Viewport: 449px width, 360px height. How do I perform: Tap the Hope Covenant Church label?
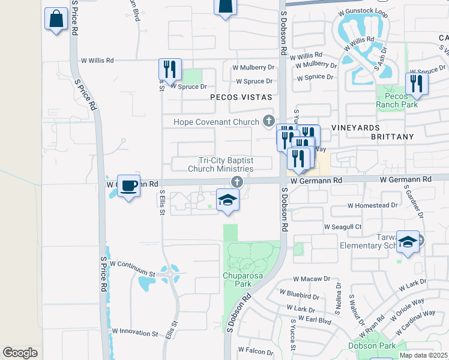tap(217, 122)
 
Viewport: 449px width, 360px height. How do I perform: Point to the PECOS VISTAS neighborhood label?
tap(241, 97)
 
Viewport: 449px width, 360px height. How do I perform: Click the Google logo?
tap(20, 352)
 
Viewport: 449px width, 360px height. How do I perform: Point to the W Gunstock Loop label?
tap(362, 11)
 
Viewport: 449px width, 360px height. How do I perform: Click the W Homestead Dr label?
tap(373, 205)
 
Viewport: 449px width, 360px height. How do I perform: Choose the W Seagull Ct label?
tap(343, 227)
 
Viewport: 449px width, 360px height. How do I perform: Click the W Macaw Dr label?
tap(312, 278)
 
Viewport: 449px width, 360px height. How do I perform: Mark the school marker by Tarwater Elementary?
tap(408, 242)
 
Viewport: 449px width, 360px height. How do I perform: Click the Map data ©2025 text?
tap(423, 355)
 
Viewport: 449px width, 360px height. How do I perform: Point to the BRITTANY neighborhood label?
tap(393, 137)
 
